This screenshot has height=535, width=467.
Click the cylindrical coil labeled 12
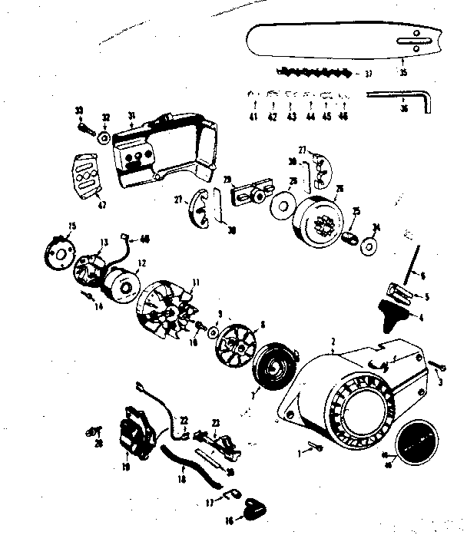[x=118, y=281]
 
